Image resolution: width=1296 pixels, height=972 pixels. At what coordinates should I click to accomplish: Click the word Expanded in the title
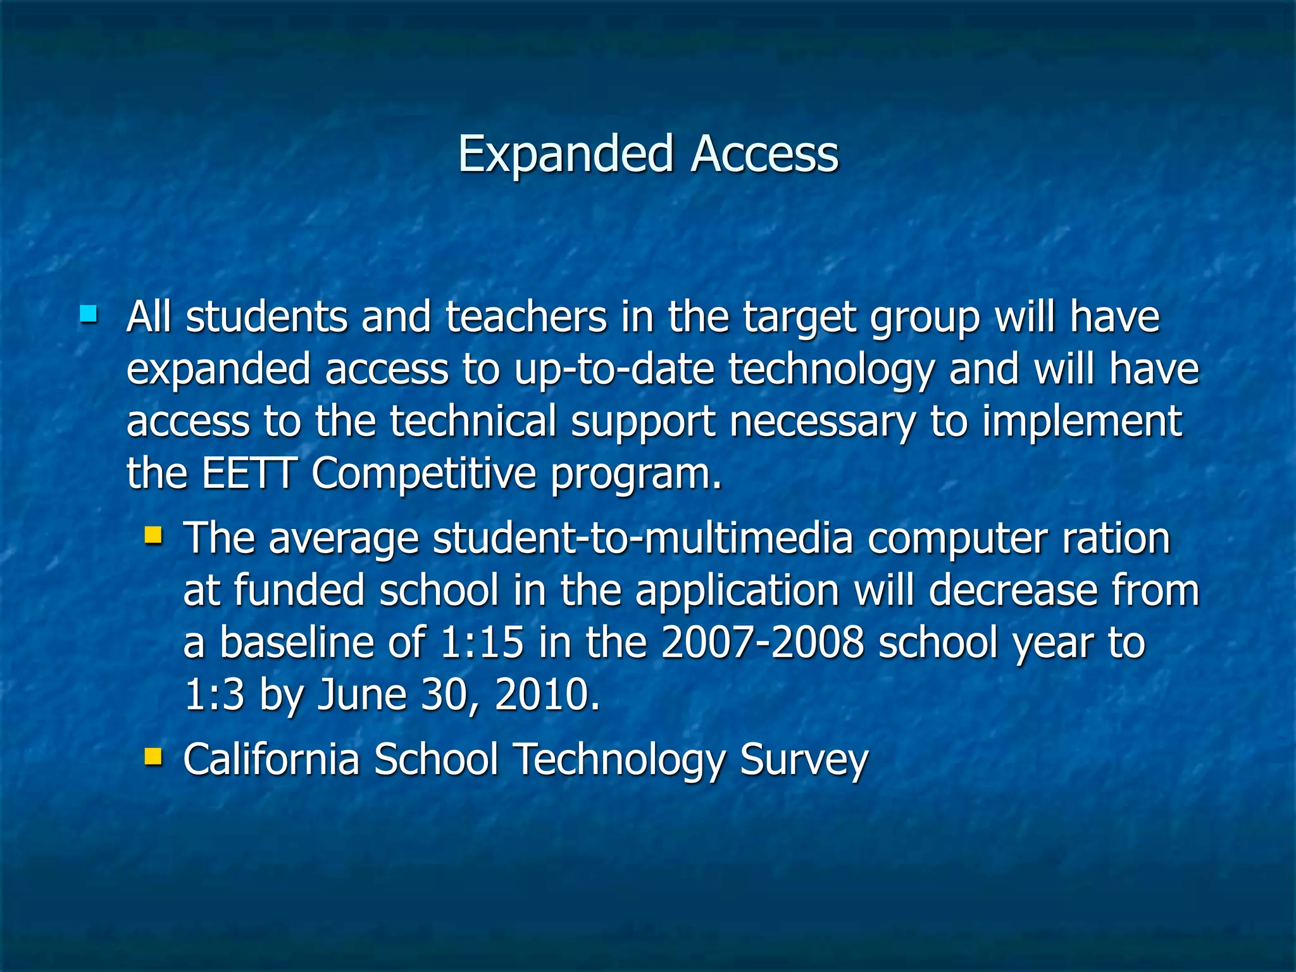565,154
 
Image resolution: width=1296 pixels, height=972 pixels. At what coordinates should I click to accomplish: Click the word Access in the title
764,154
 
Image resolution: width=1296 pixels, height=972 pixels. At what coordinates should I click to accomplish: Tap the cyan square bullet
89,313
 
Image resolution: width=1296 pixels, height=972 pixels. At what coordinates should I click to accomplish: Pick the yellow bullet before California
153,755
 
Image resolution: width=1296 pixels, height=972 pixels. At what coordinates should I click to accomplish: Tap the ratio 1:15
482,642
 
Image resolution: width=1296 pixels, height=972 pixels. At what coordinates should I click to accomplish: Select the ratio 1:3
214,694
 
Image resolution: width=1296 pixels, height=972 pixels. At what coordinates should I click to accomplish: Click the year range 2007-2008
762,642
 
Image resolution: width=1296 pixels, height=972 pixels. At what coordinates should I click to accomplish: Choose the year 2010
547,694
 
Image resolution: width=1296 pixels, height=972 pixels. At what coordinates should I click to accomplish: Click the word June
361,694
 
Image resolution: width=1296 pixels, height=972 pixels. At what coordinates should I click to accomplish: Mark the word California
271,759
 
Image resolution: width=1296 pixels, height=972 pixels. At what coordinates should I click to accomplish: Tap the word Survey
804,759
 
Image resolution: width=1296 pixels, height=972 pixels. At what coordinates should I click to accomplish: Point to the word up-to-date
614,369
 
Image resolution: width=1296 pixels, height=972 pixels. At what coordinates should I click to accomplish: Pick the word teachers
526,316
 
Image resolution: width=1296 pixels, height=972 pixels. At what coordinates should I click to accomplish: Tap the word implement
1081,421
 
